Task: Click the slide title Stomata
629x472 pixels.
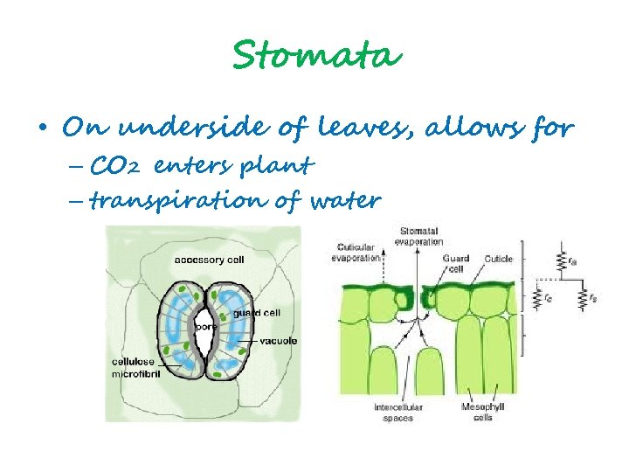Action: point(316,56)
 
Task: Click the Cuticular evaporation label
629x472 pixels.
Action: point(358,253)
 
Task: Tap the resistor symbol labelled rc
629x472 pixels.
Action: point(536,299)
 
